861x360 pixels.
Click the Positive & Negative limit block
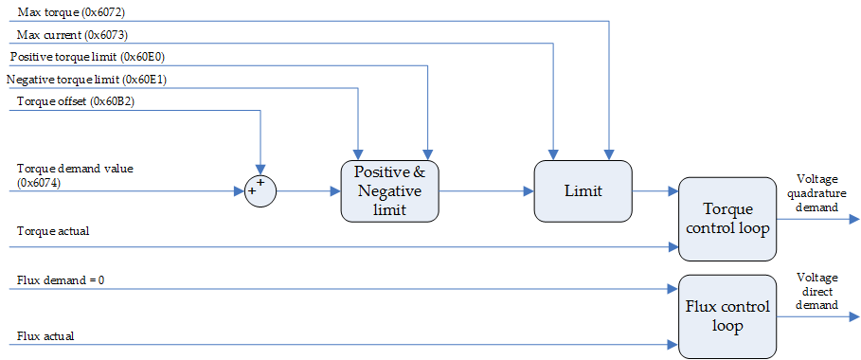point(390,190)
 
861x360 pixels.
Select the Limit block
point(583,190)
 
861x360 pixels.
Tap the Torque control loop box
point(726,219)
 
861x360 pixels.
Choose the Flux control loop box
point(726,315)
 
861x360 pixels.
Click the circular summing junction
point(260,190)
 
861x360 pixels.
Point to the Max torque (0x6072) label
point(71,12)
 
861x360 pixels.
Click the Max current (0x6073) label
point(72,35)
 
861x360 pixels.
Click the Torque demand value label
point(75,169)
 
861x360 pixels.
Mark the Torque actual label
point(53,230)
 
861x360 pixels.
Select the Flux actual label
point(45,335)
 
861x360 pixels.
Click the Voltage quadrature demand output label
point(816,192)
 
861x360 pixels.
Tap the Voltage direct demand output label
point(816,291)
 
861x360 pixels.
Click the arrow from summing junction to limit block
point(308,190)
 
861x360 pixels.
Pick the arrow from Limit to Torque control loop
point(655,190)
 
